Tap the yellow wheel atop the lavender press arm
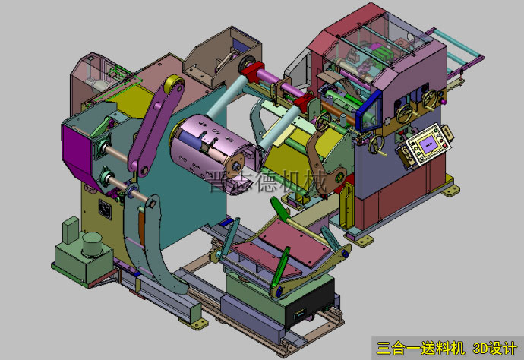click(x=175, y=85)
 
